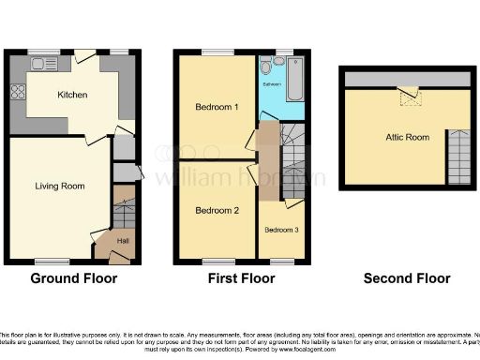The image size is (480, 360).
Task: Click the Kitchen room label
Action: [x=72, y=95]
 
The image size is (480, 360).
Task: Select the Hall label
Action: [x=121, y=241]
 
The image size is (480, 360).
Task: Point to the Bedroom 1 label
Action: [x=216, y=108]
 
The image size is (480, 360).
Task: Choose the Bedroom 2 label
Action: [x=216, y=210]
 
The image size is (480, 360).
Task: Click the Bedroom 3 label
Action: [x=280, y=229]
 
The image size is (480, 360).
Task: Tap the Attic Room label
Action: [x=407, y=137]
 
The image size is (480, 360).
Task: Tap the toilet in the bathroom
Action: [x=269, y=68]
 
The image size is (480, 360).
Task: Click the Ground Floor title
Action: [x=74, y=278]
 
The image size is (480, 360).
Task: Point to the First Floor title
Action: [x=242, y=278]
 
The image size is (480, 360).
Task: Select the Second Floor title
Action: [x=407, y=278]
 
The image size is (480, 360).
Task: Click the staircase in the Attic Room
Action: [x=458, y=157]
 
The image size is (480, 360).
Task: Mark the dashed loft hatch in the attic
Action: [x=408, y=95]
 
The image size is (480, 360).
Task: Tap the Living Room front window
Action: [x=52, y=260]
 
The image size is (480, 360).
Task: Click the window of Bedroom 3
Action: [x=280, y=260]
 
